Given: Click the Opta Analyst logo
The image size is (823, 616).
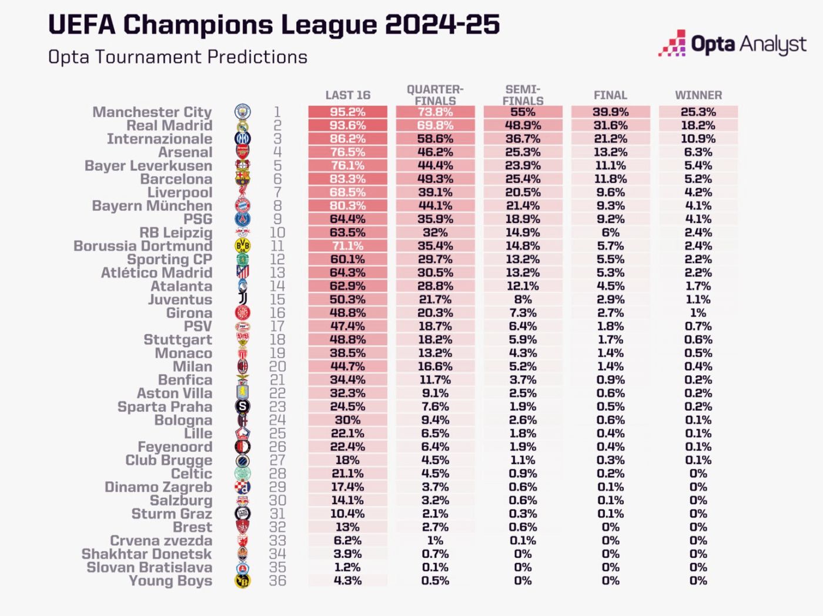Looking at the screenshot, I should [x=732, y=44].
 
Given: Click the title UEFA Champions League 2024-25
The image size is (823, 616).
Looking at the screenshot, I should [x=273, y=25].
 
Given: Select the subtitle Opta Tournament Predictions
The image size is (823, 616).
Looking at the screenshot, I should [x=178, y=57].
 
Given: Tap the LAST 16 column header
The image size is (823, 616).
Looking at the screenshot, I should [x=348, y=95].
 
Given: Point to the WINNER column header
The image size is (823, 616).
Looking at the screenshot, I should [x=698, y=95].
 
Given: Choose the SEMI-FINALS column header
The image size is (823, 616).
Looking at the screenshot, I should [x=523, y=95].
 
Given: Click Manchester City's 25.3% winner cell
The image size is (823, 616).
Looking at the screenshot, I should [x=698, y=112].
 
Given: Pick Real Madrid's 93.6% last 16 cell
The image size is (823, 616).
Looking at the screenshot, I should [x=348, y=125].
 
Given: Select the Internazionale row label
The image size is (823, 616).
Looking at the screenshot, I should [x=159, y=139].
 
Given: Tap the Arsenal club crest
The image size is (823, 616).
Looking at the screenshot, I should [x=242, y=152].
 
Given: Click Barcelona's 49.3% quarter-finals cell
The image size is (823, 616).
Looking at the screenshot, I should [x=435, y=179].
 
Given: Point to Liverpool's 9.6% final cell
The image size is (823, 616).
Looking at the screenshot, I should [x=610, y=192].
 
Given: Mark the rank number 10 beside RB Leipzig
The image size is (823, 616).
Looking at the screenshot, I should [x=277, y=233].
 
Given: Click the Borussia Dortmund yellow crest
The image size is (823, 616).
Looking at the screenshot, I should [x=242, y=246].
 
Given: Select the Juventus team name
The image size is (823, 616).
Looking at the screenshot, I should [x=180, y=299].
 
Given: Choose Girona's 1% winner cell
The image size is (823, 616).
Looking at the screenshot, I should [x=698, y=313].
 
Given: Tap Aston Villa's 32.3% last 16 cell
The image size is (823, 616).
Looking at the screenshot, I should [x=348, y=393].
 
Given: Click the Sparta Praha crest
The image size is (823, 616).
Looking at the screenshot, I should [x=242, y=407].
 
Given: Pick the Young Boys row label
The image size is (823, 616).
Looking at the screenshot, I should [x=170, y=581].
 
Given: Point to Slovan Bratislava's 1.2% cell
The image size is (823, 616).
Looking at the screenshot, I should [x=348, y=567].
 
